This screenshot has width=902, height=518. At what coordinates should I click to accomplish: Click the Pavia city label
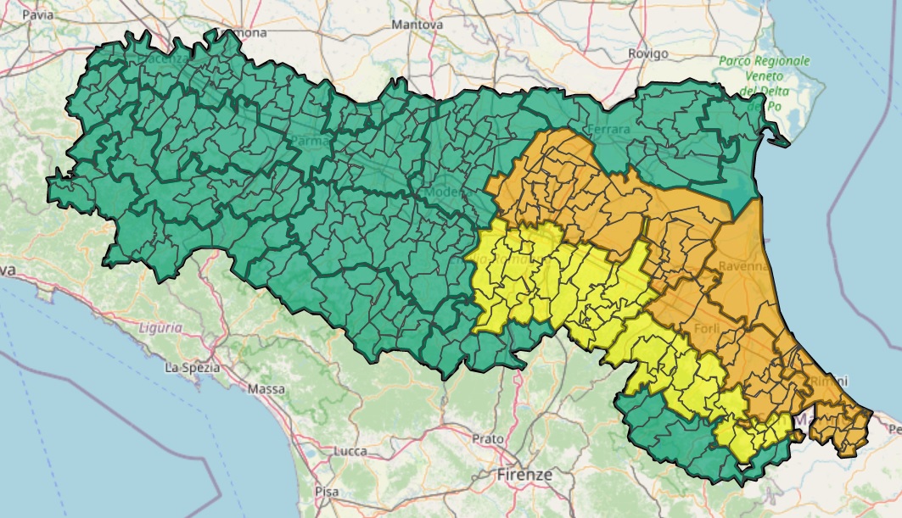37,15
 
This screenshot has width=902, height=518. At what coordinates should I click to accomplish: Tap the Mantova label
417,25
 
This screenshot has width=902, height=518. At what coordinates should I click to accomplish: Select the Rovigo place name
648,53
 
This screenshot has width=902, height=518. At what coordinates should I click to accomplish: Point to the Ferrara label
608,130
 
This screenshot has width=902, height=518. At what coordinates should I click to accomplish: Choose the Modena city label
447,192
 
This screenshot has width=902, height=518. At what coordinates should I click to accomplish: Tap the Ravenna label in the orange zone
742,267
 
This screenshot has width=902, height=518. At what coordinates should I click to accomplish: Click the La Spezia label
193,367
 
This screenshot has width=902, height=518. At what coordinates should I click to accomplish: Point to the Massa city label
266,389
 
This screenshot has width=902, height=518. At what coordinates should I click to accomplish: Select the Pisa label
326,491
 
